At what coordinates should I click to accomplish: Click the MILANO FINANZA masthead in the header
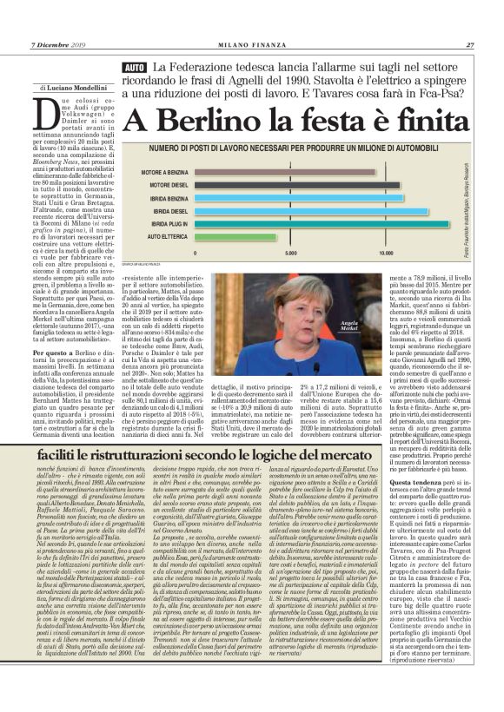[251, 45]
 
